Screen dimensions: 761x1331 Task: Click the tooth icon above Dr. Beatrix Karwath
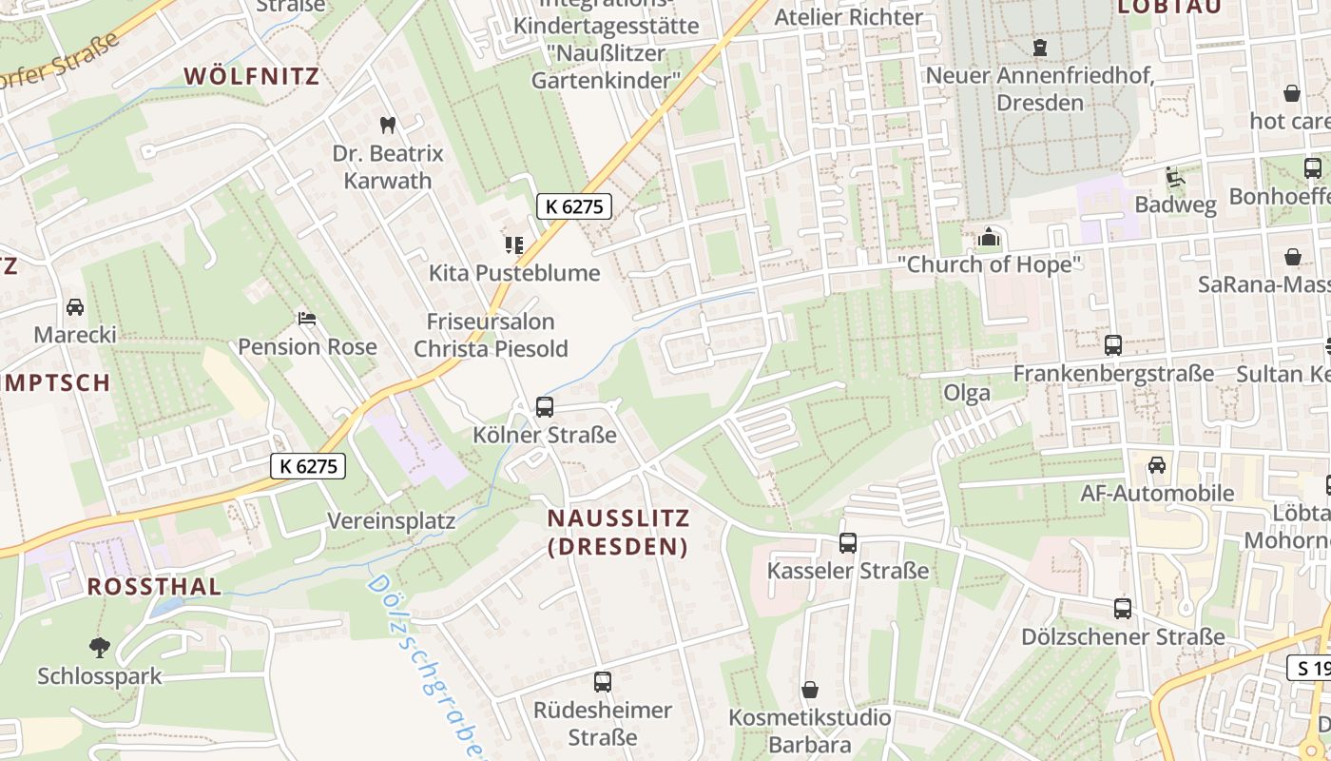(387, 125)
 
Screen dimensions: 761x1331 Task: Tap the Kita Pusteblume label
(514, 273)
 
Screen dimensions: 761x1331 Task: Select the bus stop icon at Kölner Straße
(545, 407)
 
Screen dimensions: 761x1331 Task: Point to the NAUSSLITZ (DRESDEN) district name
(618, 532)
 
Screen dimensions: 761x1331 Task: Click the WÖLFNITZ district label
(252, 76)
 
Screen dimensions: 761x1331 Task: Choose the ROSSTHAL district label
(154, 586)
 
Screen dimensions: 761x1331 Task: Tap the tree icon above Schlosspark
(99, 648)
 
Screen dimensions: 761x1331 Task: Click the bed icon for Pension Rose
(306, 318)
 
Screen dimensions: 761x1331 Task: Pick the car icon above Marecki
(75, 307)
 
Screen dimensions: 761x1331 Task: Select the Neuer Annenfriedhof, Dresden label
(1040, 88)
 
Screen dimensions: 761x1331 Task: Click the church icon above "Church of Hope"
(989, 237)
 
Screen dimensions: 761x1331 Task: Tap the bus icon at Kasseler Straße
(848, 543)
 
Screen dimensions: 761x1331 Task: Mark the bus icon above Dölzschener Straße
(1123, 609)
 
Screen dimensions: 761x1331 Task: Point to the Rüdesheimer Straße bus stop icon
(603, 682)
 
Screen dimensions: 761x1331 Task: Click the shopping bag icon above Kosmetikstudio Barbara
(810, 689)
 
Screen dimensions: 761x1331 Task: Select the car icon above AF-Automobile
(1157, 465)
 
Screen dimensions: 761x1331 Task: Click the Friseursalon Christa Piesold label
(491, 335)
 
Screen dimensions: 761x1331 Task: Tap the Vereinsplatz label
(392, 521)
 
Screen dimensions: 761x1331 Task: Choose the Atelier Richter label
(849, 17)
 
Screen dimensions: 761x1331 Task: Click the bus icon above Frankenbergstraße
(1113, 345)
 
